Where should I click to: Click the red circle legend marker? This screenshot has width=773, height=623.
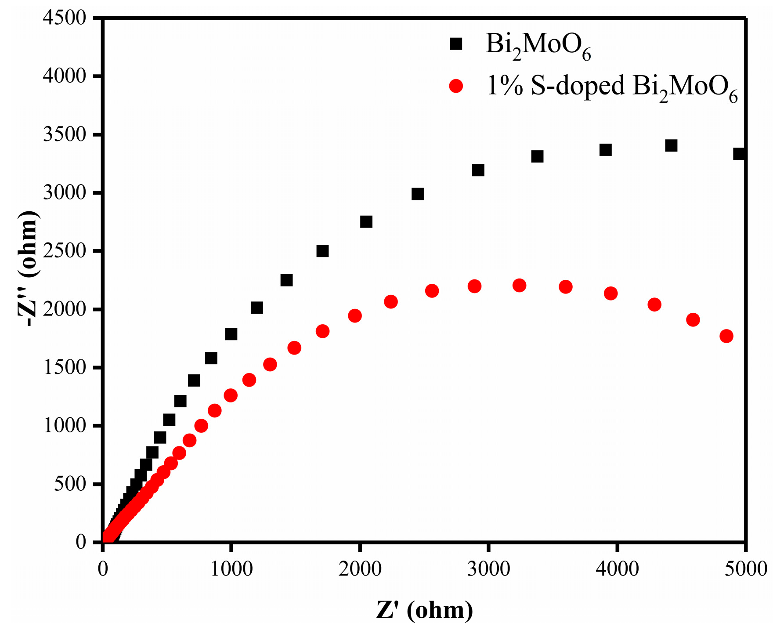coord(456,86)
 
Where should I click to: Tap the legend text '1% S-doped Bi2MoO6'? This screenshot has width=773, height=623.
coord(612,87)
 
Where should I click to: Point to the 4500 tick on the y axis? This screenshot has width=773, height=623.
coord(65,18)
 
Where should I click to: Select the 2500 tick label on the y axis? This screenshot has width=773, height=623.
coord(65,251)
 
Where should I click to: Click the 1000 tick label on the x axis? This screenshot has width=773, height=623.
coord(231,569)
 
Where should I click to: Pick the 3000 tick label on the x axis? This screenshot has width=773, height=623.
coord(488,569)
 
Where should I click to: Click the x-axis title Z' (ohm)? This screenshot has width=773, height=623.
coord(424,610)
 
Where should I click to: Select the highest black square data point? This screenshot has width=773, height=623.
coord(671,145)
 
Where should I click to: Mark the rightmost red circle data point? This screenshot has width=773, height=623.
coord(726,336)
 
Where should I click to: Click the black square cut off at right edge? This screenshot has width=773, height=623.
coord(739,154)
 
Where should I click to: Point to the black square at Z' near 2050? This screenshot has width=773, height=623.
coord(366,221)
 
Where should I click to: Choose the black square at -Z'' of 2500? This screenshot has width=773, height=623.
coord(323,251)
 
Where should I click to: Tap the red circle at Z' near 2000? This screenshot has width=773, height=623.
coord(355,315)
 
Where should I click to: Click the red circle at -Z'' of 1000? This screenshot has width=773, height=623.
coord(201,425)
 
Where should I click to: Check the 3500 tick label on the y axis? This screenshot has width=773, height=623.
coord(65,134)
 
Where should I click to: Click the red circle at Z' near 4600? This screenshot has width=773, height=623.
coord(693,319)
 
